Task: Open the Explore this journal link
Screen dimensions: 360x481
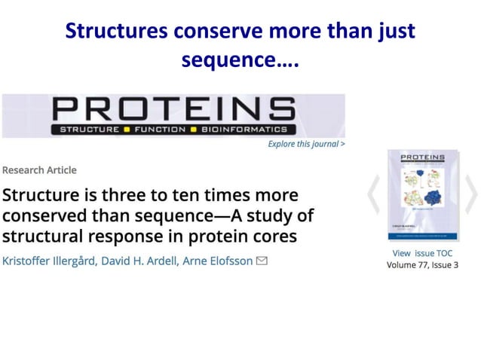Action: pyautogui.click(x=306, y=144)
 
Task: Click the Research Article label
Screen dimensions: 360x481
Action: pyautogui.click(x=40, y=170)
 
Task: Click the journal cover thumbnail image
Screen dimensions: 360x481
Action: pyautogui.click(x=422, y=194)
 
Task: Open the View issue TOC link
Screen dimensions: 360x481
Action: pyautogui.click(x=422, y=253)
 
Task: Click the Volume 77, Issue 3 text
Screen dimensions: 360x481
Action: pyautogui.click(x=422, y=265)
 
